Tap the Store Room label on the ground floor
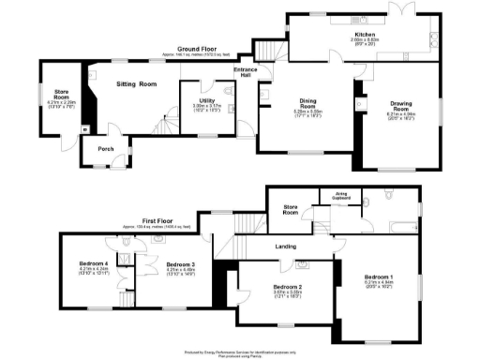62,95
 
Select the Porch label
97,145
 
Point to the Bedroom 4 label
95,265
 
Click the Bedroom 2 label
286,287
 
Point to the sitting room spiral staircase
167,121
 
